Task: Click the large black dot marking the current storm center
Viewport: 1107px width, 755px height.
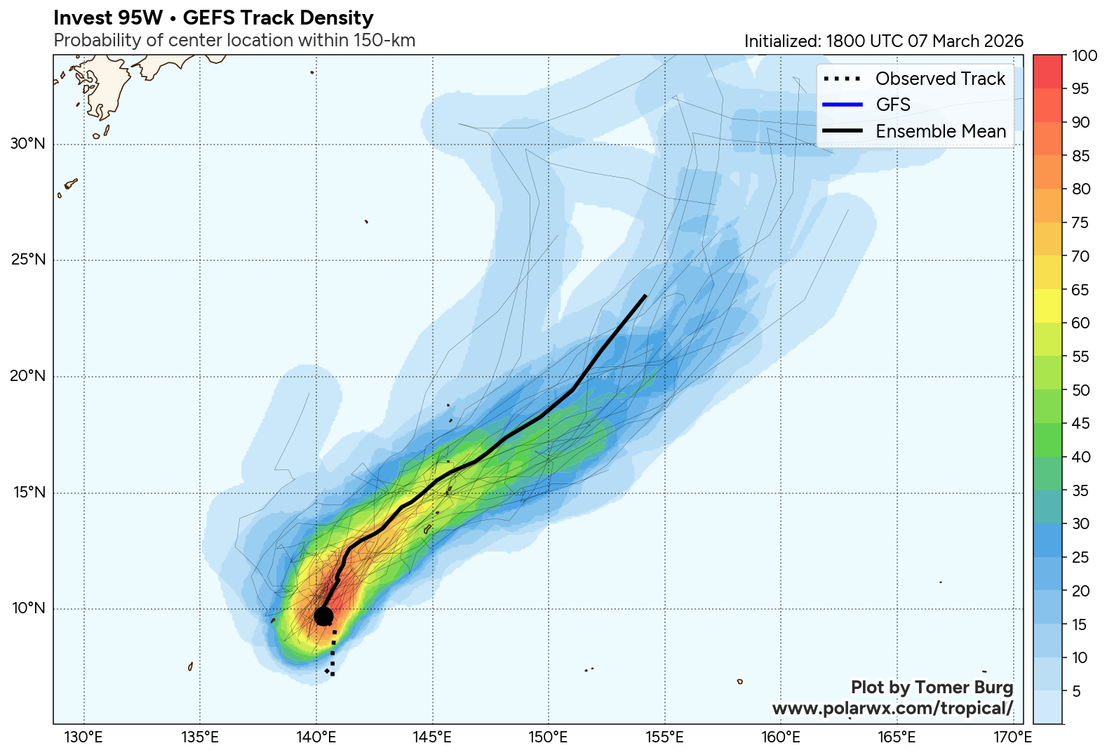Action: (323, 616)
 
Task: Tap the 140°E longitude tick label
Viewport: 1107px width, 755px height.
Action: (316, 737)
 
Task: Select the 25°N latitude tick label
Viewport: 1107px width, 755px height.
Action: (28, 260)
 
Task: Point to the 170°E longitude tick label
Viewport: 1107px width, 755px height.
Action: (1014, 737)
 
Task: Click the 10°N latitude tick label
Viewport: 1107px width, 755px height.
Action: (28, 608)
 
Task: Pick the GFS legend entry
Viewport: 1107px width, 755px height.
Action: (893, 105)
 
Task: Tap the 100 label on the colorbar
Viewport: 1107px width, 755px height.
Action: (1085, 56)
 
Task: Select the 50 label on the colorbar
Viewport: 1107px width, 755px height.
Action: (1081, 390)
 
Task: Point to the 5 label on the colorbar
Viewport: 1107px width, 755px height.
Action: (1077, 691)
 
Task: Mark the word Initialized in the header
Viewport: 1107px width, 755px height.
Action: (780, 41)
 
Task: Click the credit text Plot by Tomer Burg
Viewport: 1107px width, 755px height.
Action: (932, 688)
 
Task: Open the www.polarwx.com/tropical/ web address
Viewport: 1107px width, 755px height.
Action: (892, 709)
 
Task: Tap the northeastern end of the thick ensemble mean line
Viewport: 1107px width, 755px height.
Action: (645, 296)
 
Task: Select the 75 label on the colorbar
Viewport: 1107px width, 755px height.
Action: (1081, 223)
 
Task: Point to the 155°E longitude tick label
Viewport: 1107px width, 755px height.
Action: (665, 737)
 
